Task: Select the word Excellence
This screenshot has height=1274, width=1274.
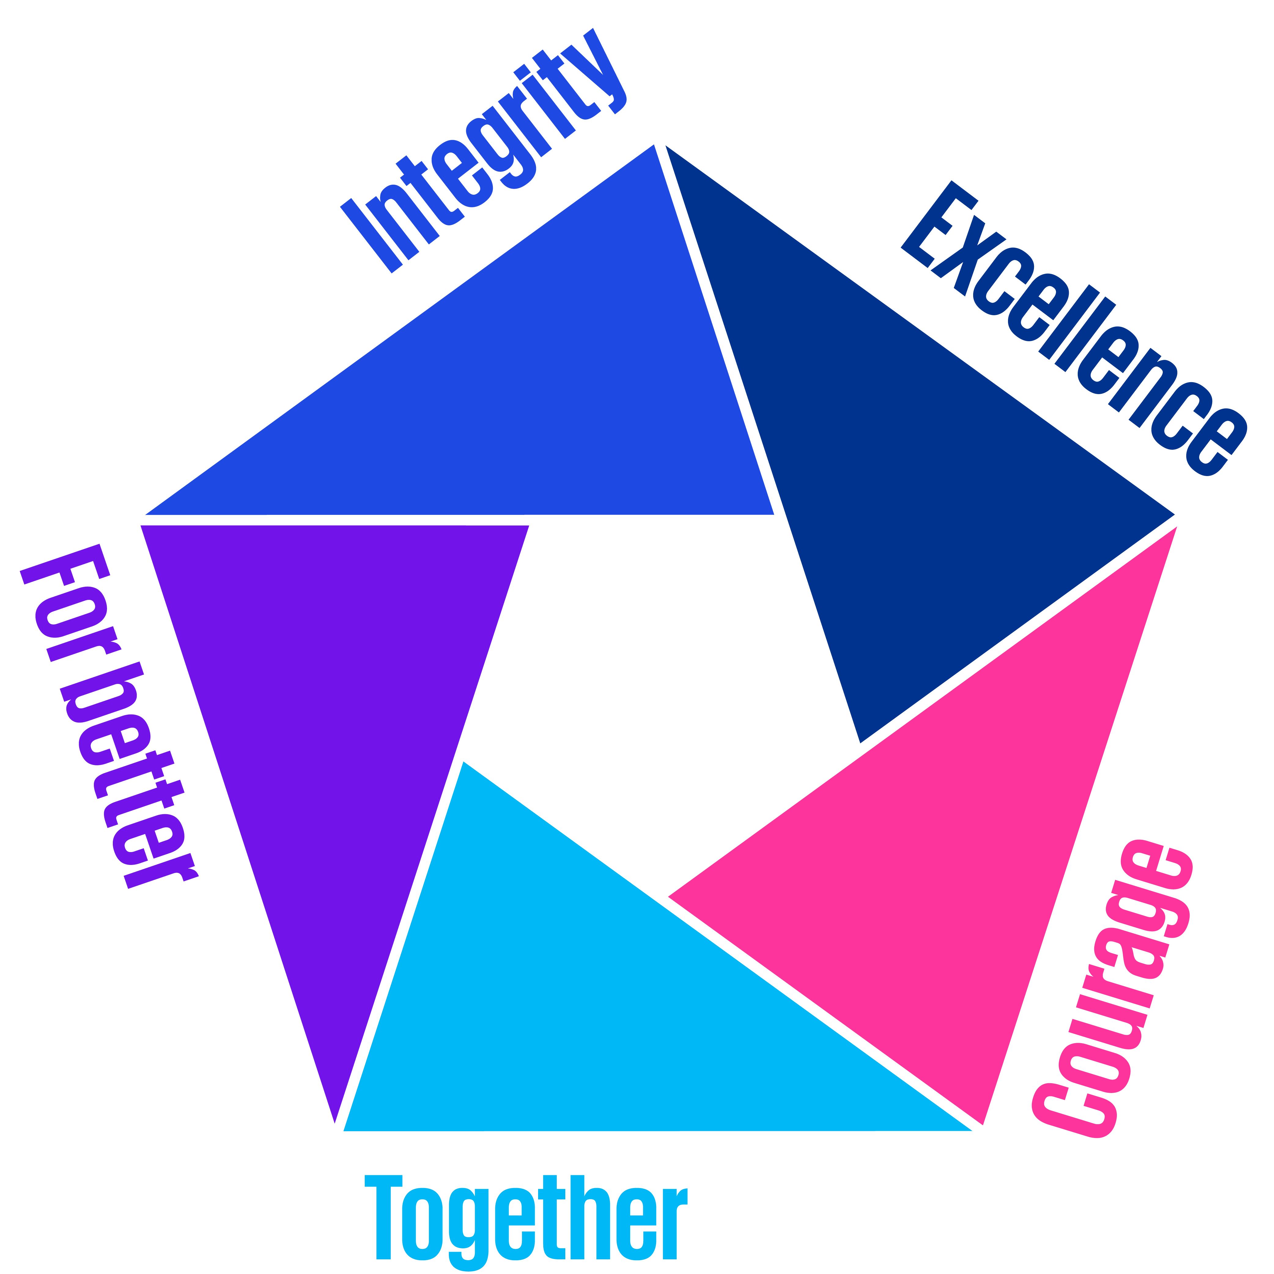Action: (x=1072, y=330)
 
